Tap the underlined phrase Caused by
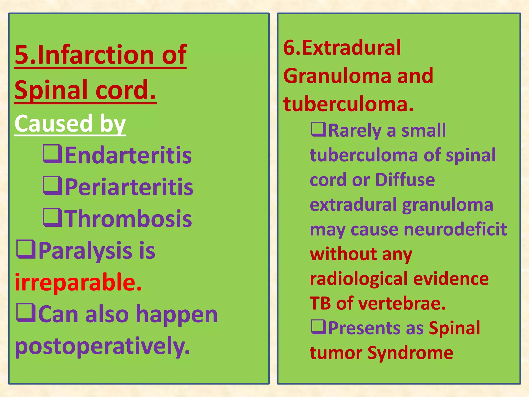point(70,123)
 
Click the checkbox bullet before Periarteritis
point(52,186)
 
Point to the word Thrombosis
point(128,219)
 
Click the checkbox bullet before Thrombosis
point(52,218)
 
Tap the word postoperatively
point(102,346)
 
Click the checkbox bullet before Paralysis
point(26,249)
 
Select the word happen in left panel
point(177,314)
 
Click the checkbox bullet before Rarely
point(318,129)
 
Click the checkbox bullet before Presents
point(319,327)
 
